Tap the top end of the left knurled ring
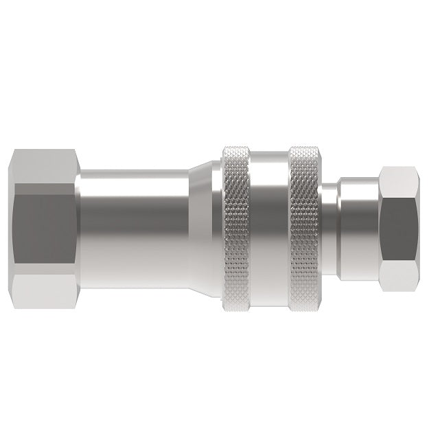[x=235, y=150]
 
